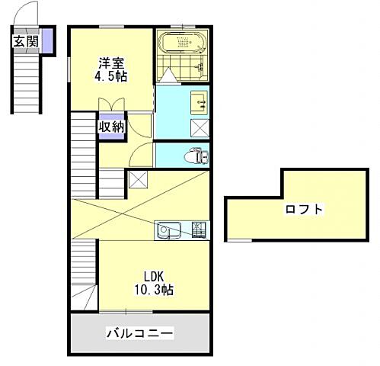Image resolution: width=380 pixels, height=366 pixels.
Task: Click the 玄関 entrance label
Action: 25,41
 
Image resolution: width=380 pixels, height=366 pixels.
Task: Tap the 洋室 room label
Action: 110,63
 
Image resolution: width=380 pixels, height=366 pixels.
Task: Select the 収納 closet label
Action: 111,127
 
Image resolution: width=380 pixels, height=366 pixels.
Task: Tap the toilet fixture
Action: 197,156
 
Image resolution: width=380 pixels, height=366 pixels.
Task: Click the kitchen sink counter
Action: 171,230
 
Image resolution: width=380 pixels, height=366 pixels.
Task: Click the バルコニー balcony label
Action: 140,333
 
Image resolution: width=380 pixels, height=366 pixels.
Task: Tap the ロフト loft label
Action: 304,208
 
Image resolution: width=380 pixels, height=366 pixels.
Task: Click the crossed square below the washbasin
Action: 200,128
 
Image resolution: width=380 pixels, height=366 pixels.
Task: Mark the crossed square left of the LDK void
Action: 138,179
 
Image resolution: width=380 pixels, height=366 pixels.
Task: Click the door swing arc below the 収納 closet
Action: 140,156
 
